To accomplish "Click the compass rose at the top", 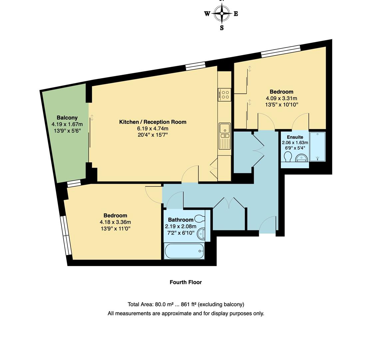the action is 221,14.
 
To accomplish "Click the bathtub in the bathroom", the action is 184,251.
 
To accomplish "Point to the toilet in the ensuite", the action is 288,157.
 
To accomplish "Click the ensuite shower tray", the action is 317,147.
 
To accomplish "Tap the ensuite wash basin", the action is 301,158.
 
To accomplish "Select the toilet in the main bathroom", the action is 200,218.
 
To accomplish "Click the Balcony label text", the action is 67,118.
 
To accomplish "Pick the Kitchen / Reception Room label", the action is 153,122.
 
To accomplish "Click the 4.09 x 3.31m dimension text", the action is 281,98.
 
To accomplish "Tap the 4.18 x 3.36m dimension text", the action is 115,222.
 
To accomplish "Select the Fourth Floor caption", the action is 186,282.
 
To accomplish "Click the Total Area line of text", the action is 186,304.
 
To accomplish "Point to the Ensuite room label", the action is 295,137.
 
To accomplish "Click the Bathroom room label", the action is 181,220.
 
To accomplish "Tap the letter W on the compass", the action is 207,14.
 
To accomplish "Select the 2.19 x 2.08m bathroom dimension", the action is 181,226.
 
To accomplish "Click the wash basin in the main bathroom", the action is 201,234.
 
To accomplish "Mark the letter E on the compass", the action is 236,14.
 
